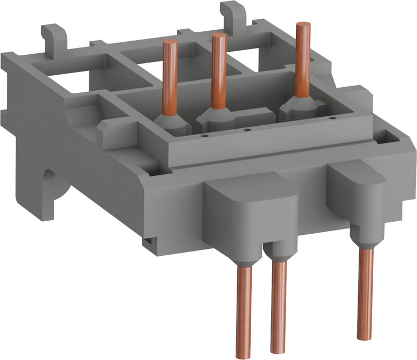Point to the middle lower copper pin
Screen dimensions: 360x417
279,308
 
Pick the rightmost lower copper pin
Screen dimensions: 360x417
366,292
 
